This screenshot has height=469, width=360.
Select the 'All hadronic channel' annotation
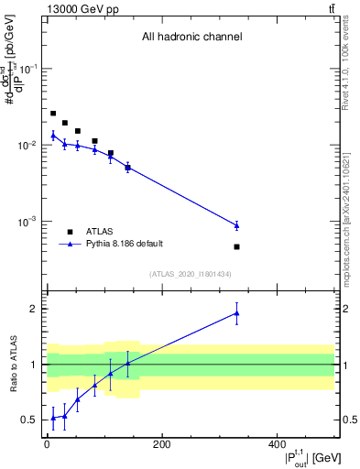coord(191,37)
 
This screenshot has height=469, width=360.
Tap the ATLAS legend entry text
coord(99,232)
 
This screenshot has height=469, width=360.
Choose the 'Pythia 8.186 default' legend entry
coord(125,244)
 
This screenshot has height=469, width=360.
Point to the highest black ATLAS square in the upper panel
coord(53,114)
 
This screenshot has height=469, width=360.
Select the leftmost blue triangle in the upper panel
coord(53,136)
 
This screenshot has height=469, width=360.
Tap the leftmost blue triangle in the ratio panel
coord(53,418)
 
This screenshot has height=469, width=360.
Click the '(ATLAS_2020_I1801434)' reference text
coord(191,274)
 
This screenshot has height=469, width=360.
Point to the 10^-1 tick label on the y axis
coord(29,70)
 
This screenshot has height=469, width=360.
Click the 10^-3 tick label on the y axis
coord(29,222)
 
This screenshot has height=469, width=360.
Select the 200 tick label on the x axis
coord(162,445)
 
